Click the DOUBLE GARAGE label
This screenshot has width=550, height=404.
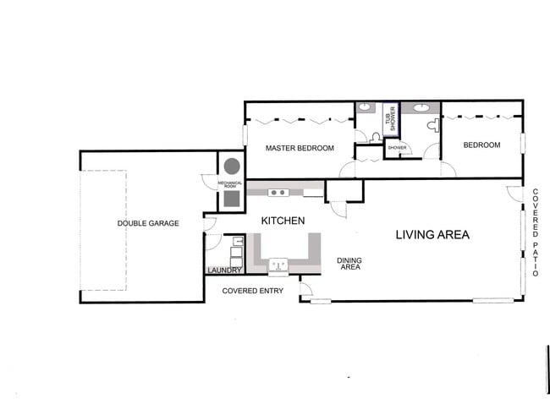point(148,223)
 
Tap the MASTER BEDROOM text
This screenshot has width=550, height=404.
point(300,148)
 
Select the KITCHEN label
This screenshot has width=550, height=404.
point(283,221)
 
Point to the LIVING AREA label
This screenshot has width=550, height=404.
point(432,234)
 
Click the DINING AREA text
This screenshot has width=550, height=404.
point(349,264)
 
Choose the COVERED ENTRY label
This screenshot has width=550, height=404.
point(253,291)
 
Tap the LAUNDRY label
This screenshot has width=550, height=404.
point(224,270)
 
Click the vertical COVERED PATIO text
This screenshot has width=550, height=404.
point(536,232)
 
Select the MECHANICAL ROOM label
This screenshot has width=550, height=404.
point(230,183)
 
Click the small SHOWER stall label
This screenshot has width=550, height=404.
point(397,148)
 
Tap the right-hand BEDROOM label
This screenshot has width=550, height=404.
point(481,145)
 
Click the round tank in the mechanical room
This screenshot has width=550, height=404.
point(231,166)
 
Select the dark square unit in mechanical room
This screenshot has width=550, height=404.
point(231,200)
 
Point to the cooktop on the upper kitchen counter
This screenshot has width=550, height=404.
point(278,193)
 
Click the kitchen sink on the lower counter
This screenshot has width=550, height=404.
point(278,267)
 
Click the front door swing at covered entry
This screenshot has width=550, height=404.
point(305,291)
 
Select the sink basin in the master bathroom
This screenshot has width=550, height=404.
point(366,107)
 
